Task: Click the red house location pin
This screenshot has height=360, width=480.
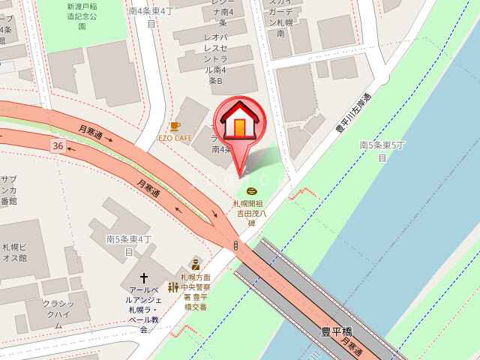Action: click(239, 123)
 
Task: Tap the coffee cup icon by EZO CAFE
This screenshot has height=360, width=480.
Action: click(175, 126)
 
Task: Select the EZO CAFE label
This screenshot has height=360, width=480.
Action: click(175, 138)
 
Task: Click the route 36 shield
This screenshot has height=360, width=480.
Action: click(58, 143)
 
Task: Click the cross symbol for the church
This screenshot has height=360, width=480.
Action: click(143, 278)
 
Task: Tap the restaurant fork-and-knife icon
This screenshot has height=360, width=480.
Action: click(173, 287)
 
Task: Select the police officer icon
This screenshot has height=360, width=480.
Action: click(196, 264)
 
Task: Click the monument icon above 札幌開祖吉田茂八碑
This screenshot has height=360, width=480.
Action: click(251, 191)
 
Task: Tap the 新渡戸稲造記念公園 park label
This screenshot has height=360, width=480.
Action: click(82, 16)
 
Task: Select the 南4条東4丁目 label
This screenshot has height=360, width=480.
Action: click(151, 17)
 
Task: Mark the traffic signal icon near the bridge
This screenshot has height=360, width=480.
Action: click(235, 245)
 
